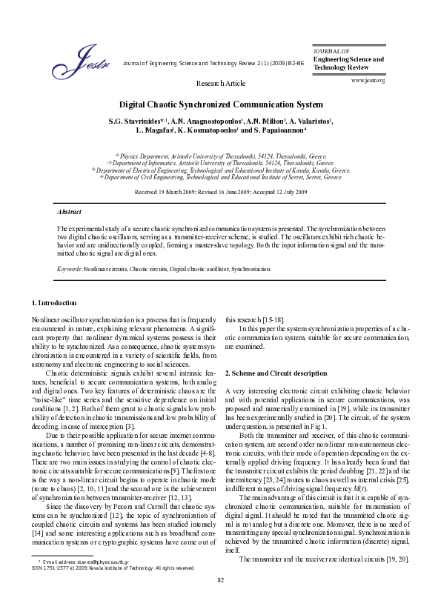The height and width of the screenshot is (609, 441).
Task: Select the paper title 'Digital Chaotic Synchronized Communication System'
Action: click(x=220, y=106)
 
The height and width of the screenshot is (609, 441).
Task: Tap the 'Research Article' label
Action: click(x=220, y=84)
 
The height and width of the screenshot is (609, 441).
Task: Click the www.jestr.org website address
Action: click(x=368, y=79)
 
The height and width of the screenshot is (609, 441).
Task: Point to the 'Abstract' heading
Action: click(x=69, y=211)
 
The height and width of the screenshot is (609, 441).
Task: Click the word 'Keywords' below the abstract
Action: click(x=70, y=269)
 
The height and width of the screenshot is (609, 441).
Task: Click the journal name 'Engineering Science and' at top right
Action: click(x=348, y=58)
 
